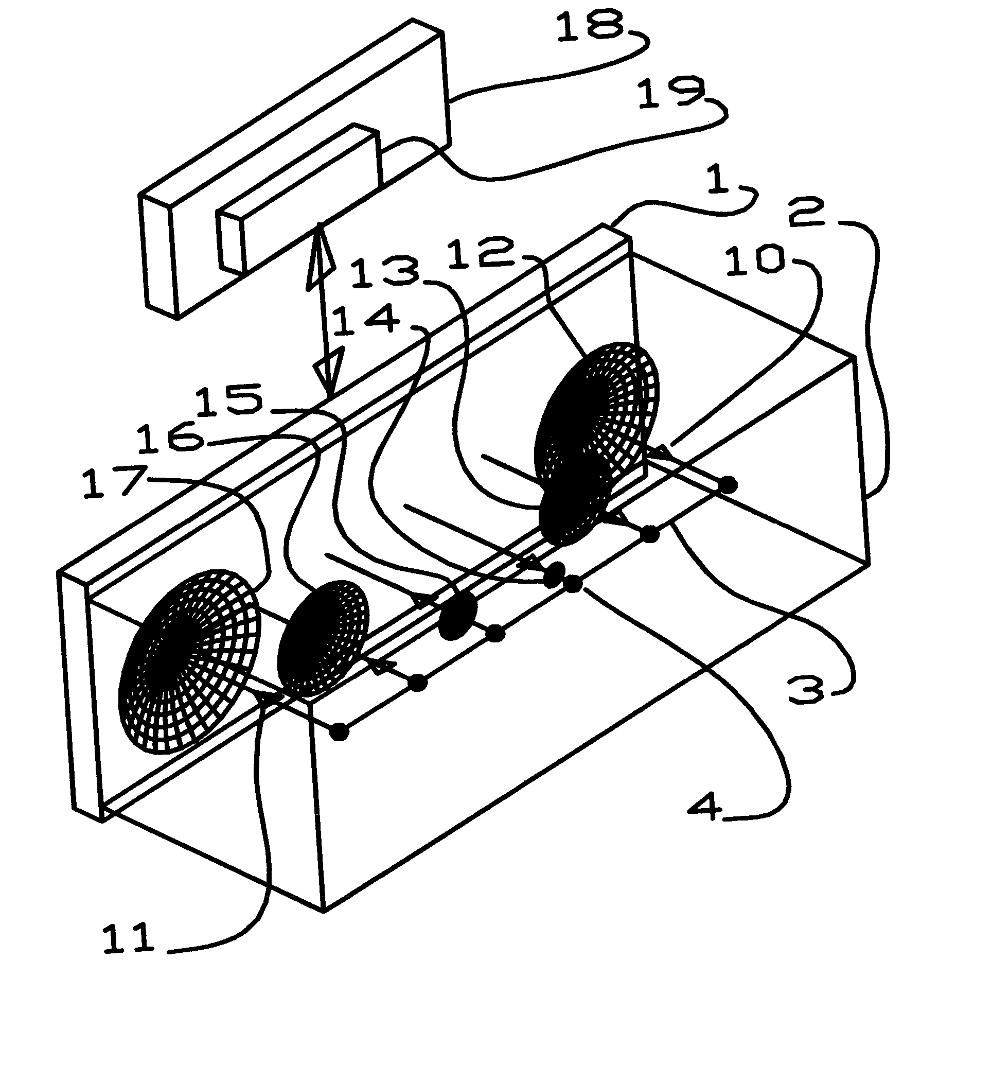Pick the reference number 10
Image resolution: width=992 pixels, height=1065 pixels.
755,261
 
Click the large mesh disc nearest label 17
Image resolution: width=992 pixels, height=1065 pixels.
187,661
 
